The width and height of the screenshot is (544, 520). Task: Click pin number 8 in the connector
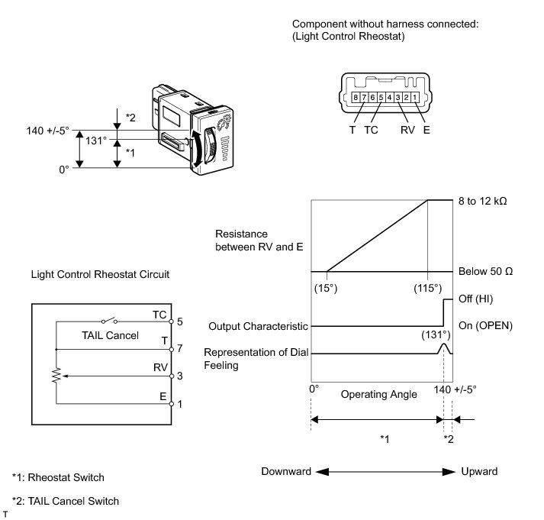(x=356, y=97)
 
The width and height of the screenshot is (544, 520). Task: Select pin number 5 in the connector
(x=381, y=97)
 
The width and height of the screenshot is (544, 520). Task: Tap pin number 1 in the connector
(x=414, y=97)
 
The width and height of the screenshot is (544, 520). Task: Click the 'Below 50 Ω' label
(x=484, y=271)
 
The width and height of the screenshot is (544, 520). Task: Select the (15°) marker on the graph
(x=327, y=288)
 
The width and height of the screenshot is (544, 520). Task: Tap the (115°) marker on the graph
(x=428, y=288)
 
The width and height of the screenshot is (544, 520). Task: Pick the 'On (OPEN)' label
(x=484, y=325)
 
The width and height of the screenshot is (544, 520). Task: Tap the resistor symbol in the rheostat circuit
(x=56, y=376)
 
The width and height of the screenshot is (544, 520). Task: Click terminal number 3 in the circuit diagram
(x=179, y=376)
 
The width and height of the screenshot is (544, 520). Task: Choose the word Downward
(x=286, y=471)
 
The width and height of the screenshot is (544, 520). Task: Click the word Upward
(x=479, y=471)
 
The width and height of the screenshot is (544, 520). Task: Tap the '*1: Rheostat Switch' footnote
(x=58, y=477)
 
